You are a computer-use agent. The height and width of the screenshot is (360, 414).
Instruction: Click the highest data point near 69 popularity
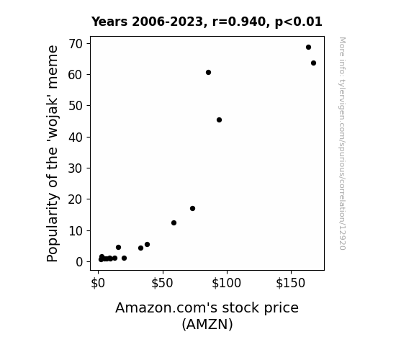tap(308, 48)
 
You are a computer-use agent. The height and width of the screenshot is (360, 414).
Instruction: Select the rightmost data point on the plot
tap(313, 63)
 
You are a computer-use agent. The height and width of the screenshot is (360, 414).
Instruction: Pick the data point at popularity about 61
tap(208, 73)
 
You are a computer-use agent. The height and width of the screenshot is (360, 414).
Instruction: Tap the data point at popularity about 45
tap(219, 120)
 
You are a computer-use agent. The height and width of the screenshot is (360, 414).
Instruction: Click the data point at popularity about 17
tap(192, 208)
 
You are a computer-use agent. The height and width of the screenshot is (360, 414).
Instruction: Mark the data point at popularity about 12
tap(174, 223)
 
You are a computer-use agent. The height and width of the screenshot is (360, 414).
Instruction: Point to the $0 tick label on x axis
tap(98, 284)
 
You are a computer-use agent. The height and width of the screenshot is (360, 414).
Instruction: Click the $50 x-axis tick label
tap(162, 284)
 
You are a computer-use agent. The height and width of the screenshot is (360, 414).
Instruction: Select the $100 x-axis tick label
tap(227, 284)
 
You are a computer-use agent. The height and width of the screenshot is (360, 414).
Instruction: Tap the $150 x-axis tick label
tap(291, 284)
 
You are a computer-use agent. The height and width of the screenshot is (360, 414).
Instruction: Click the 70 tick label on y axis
tap(76, 44)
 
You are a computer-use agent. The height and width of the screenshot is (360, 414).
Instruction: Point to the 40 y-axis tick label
tap(76, 138)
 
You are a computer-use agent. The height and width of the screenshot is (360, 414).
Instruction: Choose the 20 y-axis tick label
tap(76, 199)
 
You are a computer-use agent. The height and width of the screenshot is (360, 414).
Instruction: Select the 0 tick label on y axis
tap(79, 262)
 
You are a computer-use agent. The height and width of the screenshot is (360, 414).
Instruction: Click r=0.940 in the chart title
tap(239, 22)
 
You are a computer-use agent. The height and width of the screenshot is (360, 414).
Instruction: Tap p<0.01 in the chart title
tap(299, 22)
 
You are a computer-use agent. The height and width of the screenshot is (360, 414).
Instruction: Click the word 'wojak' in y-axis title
tap(53, 119)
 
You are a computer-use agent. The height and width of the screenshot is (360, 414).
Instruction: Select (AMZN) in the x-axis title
tap(207, 324)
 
